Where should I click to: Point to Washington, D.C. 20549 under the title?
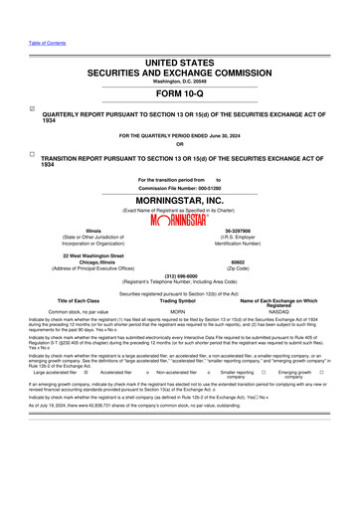click(x=180, y=52)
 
